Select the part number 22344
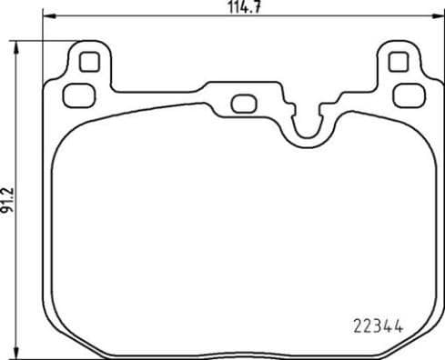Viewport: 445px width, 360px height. point(377,324)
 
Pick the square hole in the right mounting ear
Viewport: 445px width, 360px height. point(396,62)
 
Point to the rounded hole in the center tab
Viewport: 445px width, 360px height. point(242,102)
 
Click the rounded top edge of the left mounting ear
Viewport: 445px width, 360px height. point(89,43)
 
